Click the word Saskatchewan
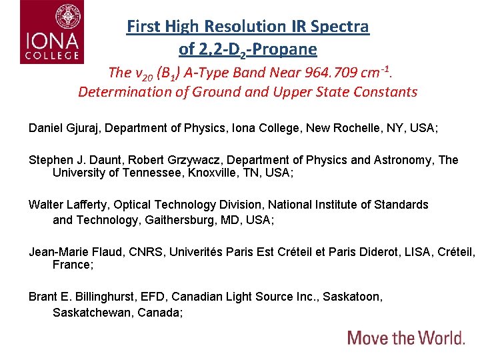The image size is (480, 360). click(93, 312)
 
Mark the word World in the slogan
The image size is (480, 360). click(433, 337)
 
